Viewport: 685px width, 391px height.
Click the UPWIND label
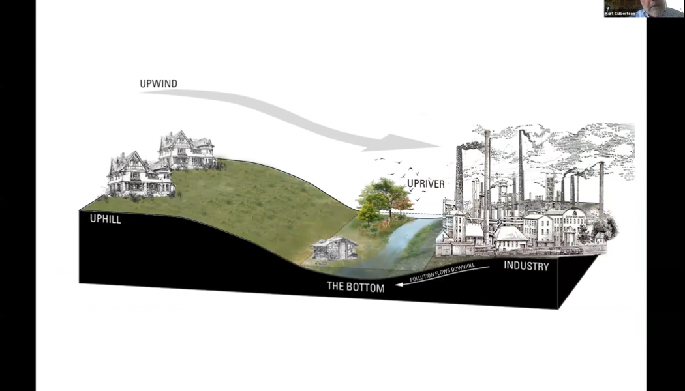[x=159, y=84]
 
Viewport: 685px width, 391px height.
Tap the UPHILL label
[x=105, y=220]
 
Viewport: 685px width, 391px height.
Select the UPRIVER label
[x=426, y=184]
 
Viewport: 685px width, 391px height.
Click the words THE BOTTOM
[x=356, y=287]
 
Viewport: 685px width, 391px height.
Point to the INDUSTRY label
[x=526, y=267]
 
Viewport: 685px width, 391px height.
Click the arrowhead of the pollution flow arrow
[x=396, y=285]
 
